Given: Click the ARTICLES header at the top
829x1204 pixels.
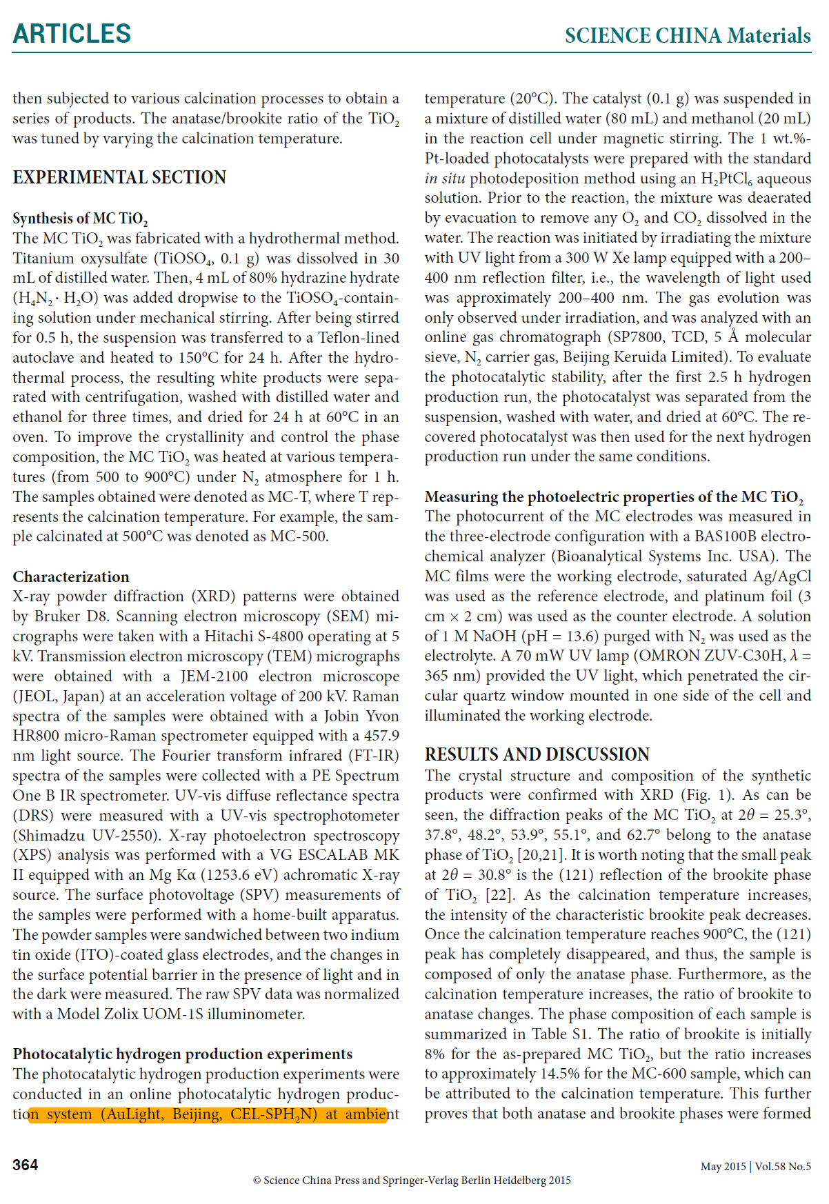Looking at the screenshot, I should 72,34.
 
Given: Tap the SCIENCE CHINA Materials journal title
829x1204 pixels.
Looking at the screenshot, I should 687,36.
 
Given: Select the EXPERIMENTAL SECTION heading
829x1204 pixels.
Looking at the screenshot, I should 119,178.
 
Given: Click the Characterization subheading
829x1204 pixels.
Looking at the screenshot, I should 71,576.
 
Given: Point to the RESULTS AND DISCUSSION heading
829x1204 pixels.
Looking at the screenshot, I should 537,754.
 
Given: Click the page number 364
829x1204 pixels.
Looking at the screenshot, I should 26,1165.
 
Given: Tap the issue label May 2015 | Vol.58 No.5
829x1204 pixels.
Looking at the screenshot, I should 755,1166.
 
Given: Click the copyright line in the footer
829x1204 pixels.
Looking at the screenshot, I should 412,1180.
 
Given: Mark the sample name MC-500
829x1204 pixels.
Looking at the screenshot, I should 299,536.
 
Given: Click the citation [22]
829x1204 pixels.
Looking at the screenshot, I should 499,895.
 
